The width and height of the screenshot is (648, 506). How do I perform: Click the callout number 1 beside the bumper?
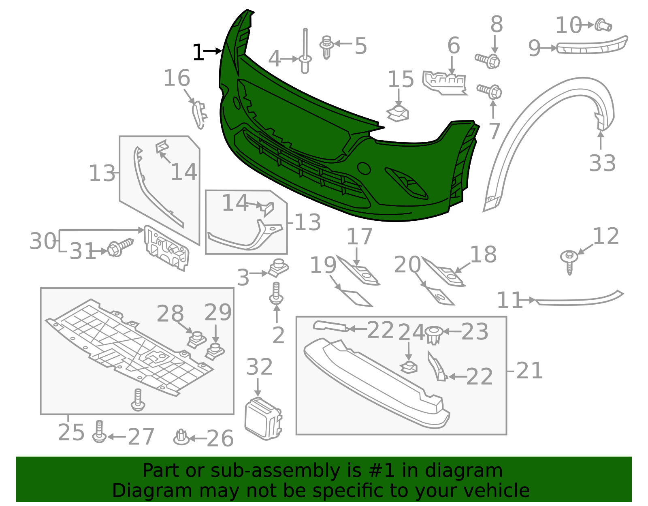coord(198,53)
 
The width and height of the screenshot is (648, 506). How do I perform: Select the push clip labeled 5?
coord(327,47)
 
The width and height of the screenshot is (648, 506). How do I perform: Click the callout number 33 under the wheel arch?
coord(602,163)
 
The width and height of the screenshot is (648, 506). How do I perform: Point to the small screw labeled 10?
coord(603,26)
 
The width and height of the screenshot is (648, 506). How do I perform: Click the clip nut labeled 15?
coord(398,113)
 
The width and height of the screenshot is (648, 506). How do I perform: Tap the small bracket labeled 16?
coord(199,115)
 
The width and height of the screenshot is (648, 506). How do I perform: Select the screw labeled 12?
coord(569,260)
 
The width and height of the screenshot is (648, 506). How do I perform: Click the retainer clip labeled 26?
coord(181,437)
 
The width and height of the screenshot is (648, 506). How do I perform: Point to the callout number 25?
coord(71,433)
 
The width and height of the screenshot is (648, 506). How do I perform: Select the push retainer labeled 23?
coord(433,335)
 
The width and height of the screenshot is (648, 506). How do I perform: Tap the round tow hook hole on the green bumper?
coord(364,169)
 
